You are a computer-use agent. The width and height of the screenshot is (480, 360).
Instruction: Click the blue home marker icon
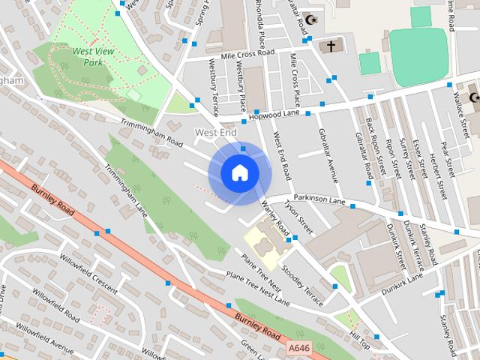239,172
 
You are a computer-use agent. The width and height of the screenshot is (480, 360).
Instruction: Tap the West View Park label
88,57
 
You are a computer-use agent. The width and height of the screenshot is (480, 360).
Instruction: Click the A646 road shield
298,348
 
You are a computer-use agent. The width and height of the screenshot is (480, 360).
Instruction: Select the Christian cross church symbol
331,46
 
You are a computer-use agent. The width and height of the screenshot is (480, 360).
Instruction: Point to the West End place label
215,133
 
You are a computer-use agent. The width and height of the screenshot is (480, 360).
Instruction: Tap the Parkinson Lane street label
319,199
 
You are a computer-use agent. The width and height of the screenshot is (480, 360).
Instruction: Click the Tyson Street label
299,213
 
